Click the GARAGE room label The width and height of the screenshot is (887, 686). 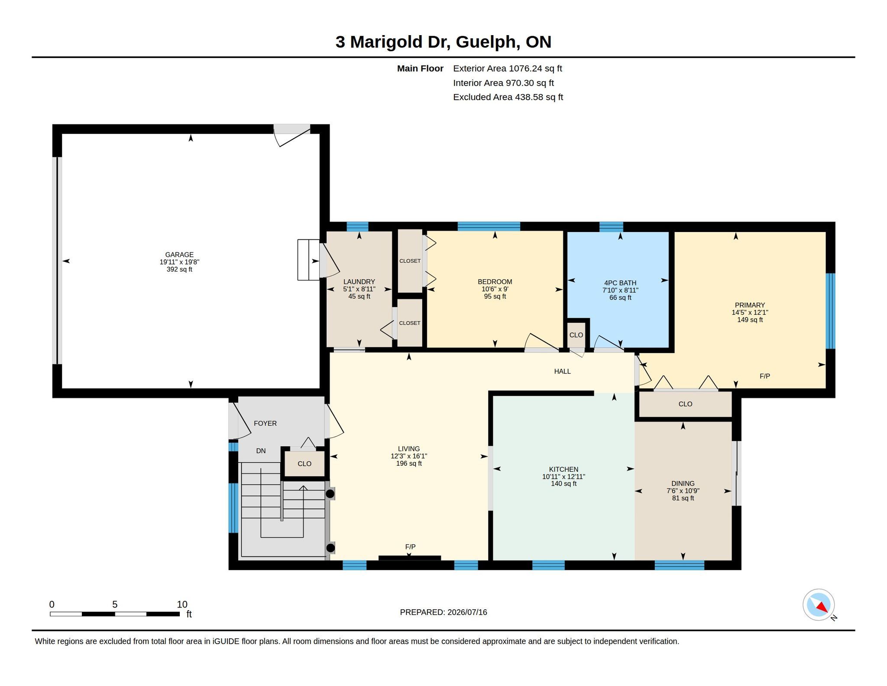pos(179,255)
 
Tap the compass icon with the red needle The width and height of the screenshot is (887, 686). pos(819,605)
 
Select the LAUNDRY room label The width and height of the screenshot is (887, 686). pos(359,282)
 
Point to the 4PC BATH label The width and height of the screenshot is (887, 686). pos(620,283)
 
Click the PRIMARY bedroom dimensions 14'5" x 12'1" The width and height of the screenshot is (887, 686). pos(750,313)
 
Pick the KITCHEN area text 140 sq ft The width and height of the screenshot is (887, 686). pos(563,484)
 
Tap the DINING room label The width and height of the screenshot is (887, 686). pos(683,483)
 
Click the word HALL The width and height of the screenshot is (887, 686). pos(562,371)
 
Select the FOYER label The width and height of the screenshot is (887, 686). pos(265,423)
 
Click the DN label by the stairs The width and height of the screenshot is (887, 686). pos(261,451)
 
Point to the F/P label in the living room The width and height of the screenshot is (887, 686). pos(410,547)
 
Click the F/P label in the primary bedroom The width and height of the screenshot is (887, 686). pos(765,376)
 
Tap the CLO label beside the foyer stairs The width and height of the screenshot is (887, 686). pos(304,464)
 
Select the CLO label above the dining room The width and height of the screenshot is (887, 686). pos(685,404)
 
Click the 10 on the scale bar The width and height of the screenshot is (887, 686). pos(182,604)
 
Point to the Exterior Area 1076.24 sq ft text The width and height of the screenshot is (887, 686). pos(508,69)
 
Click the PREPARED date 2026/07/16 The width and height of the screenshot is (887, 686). pos(467,612)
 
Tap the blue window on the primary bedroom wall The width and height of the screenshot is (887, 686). pos(830,311)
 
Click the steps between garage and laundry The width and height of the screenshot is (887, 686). pos(308,260)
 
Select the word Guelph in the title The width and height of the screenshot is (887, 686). pos(488,42)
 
